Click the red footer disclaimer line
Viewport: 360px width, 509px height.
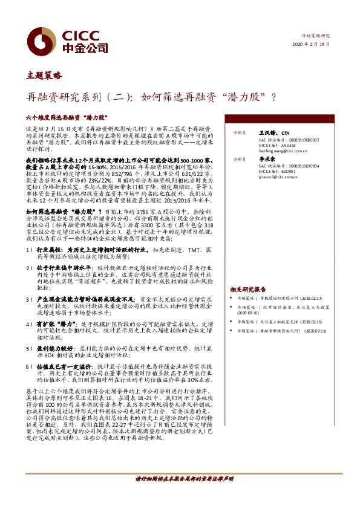[184, 479]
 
